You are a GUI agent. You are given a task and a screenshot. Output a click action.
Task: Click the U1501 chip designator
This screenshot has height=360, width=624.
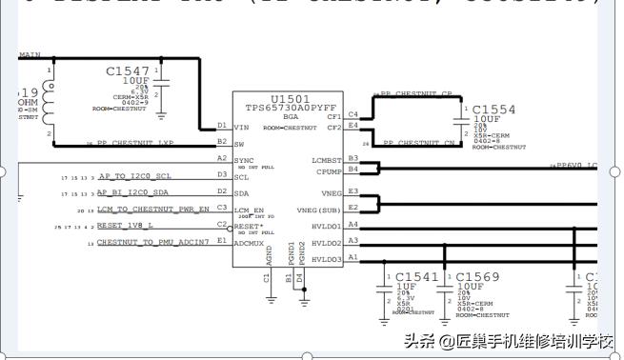(x=290, y=99)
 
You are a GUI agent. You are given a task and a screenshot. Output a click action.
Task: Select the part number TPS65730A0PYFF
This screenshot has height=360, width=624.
(x=290, y=109)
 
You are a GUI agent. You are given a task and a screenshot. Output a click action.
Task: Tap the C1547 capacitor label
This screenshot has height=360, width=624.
(x=128, y=71)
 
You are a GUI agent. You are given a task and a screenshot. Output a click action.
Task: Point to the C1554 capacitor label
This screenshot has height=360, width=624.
(x=493, y=110)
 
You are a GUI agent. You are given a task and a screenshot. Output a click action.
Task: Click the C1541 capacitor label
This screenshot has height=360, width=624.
(x=417, y=276)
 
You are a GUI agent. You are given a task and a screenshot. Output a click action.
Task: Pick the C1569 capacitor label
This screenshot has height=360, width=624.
(x=477, y=276)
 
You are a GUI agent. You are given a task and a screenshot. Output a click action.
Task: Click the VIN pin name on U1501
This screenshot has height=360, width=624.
(x=242, y=126)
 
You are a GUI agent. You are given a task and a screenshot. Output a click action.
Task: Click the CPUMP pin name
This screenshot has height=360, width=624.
(x=330, y=171)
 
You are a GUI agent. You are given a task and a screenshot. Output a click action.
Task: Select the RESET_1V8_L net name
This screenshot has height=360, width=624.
(x=125, y=227)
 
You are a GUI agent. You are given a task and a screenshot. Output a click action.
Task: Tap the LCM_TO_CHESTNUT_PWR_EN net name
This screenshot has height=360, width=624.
(x=152, y=209)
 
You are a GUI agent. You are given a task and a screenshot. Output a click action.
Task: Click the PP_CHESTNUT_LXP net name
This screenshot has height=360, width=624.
(x=141, y=143)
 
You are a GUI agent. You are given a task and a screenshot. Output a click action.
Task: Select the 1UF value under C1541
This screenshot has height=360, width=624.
(x=405, y=287)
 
